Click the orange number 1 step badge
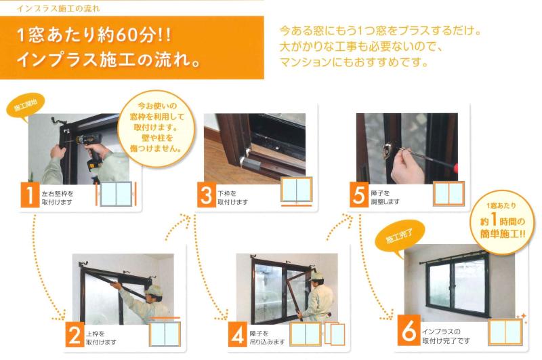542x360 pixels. pyautogui.click(x=30, y=195)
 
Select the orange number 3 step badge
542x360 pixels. pyautogui.click(x=207, y=195)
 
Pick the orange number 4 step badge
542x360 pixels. pyautogui.click(x=238, y=334)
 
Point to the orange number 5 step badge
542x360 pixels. pyautogui.click(x=359, y=195)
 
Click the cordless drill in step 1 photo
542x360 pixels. pyautogui.click(x=90, y=152)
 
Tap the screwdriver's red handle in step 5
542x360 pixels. pyautogui.click(x=455, y=168)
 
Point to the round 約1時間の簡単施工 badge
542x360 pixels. pyautogui.click(x=502, y=221)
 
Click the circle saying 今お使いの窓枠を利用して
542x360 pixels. pyautogui.click(x=157, y=128)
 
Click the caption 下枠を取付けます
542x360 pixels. pyautogui.click(x=232, y=197)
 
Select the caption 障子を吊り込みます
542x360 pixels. pyautogui.click(x=267, y=338)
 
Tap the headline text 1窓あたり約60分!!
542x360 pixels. pyautogui.click(x=94, y=36)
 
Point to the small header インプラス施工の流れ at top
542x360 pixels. pyautogui.click(x=58, y=9)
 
